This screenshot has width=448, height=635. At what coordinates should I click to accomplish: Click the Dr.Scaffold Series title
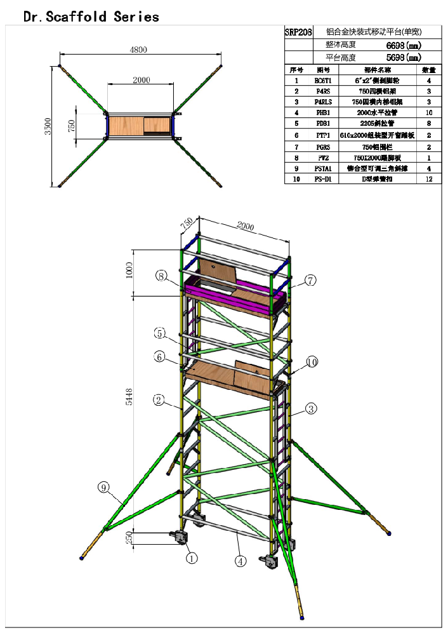pyautogui.click(x=91, y=17)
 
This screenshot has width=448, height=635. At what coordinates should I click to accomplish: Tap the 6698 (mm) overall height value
pyautogui.click(x=404, y=45)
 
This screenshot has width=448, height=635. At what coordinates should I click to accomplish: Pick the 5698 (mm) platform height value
pyautogui.click(x=404, y=58)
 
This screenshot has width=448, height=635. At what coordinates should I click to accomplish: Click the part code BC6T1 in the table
pyautogui.click(x=323, y=81)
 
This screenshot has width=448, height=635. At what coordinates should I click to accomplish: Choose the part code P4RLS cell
pyautogui.click(x=323, y=102)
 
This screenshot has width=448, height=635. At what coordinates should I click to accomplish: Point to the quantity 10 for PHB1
pyautogui.click(x=429, y=112)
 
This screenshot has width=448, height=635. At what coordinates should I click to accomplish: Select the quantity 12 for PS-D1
pyautogui.click(x=429, y=179)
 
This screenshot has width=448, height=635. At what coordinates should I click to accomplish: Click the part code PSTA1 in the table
pyautogui.click(x=323, y=168)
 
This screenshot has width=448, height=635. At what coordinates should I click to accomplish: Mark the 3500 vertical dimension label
pyautogui.click(x=49, y=127)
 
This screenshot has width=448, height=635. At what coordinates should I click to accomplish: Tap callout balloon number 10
pyautogui.click(x=311, y=362)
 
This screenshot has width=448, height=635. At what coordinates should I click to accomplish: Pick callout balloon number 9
pyautogui.click(x=104, y=488)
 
